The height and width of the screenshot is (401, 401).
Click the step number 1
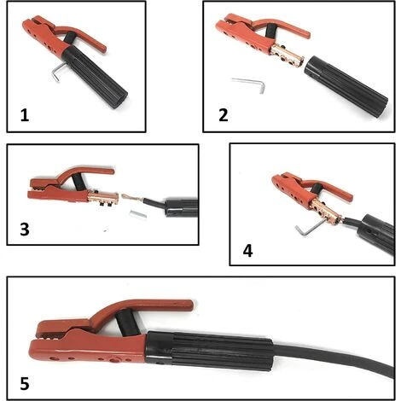coord(25,116)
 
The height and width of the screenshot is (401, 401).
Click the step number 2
coord(224,115)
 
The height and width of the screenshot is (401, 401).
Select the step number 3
coord(25,230)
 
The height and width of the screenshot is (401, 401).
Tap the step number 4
coord(247,251)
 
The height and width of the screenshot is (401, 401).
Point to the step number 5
coord(25,383)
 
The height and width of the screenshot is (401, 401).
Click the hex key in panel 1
coord(57,71)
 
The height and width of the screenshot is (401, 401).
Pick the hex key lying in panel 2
coord(250,84)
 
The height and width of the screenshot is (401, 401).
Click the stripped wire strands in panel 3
coord(133,197)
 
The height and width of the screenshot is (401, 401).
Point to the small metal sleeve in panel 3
coord(138,215)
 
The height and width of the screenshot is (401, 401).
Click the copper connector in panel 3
coord(103,197)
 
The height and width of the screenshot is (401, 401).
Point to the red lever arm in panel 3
coord(85,174)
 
